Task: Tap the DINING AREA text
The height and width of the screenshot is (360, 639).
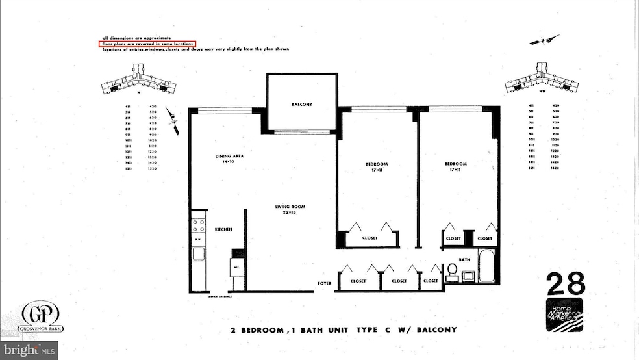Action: tap(229, 156)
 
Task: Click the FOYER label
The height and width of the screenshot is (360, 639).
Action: tap(324, 283)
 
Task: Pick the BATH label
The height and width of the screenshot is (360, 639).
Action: tap(464, 260)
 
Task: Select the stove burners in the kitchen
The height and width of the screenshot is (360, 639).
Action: tap(197, 225)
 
